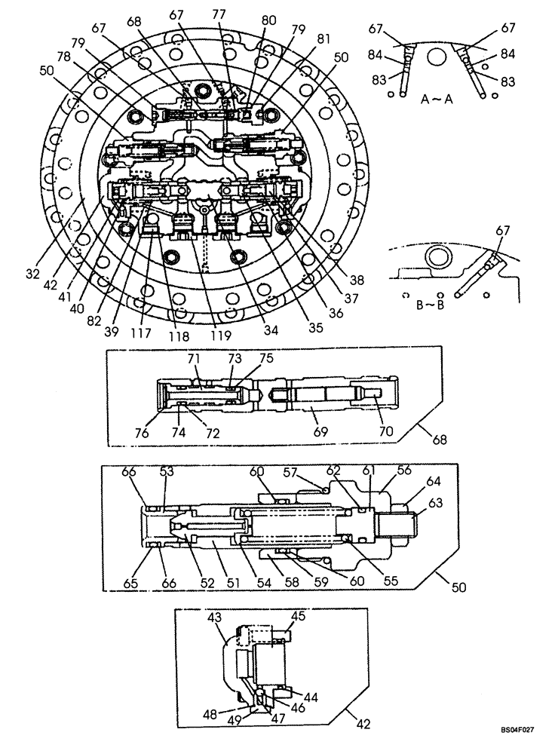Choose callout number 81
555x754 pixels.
(x=323, y=40)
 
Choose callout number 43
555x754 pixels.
(x=215, y=617)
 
